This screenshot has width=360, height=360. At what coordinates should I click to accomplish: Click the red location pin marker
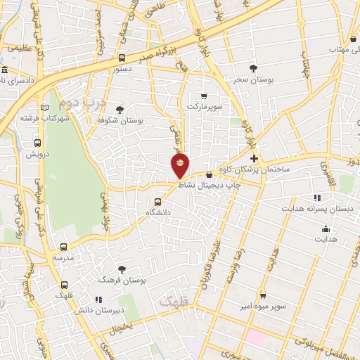point(181,166)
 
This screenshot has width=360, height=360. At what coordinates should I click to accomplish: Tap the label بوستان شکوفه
point(120,121)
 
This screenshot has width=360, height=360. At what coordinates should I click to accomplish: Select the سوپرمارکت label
point(204,106)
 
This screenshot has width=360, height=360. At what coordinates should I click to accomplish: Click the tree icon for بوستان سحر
point(253,67)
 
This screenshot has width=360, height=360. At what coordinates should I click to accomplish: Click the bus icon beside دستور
point(122,58)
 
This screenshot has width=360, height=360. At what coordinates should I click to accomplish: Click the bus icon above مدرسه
point(64,247)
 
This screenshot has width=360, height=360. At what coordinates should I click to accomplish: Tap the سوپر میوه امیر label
point(264,307)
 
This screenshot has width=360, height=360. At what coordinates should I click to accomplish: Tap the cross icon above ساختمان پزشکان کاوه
point(254,159)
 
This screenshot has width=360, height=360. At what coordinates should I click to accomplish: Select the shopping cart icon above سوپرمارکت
point(204,96)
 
